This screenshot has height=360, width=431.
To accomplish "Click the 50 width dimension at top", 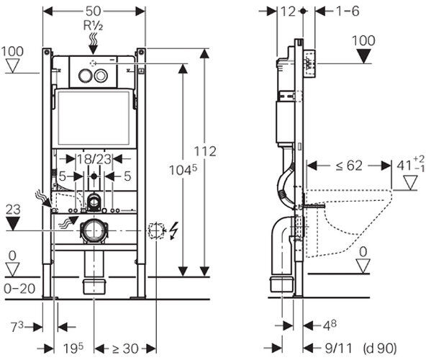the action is point(94,12).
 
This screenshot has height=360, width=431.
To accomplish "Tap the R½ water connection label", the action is point(94,26).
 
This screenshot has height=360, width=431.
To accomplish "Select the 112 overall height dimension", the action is point(205,151).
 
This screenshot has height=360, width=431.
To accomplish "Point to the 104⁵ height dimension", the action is point(183,170).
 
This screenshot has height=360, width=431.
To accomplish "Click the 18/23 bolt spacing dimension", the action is point(94,159).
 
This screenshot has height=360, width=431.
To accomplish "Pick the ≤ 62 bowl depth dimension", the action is point(349,166).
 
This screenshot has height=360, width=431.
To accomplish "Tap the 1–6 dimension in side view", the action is point(348,12).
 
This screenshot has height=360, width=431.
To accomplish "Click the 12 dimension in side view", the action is point(288,12).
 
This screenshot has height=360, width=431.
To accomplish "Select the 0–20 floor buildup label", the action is point(19,289).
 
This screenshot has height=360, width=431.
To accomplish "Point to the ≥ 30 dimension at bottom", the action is point(124,348).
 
